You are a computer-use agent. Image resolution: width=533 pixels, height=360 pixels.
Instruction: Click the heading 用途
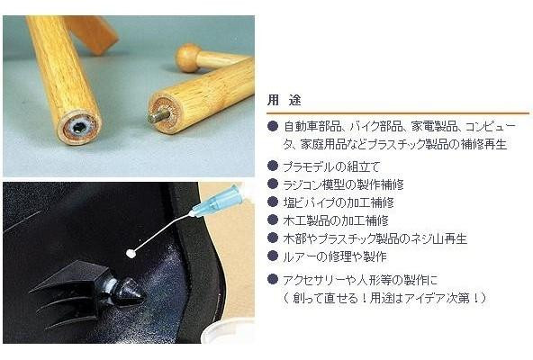(x=284, y=100)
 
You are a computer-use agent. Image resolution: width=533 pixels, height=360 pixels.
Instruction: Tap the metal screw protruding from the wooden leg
(x=157, y=116)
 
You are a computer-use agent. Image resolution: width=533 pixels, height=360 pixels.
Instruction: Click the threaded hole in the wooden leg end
(x=79, y=127)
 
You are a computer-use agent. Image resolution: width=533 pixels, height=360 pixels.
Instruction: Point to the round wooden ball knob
(x=187, y=58)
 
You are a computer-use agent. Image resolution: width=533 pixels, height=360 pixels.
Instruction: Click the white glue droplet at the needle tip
(x=130, y=253)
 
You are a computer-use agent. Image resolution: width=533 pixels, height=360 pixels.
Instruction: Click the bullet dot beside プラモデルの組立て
(x=273, y=166)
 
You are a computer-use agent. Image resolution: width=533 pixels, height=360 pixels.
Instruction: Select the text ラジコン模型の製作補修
(x=343, y=184)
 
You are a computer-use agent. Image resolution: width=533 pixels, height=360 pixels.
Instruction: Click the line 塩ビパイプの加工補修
(x=339, y=202)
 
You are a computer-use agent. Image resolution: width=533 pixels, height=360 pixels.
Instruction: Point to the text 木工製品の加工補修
(x=336, y=220)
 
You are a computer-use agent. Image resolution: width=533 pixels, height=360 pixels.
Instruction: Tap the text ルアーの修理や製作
(x=335, y=256)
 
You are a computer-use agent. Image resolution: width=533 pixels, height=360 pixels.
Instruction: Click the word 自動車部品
(x=312, y=127)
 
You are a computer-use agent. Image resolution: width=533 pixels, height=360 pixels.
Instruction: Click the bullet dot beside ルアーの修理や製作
(x=273, y=256)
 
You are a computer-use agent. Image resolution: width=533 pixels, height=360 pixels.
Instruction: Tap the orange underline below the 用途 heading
(x=398, y=112)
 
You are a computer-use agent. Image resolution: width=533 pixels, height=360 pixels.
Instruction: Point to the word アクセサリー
(x=312, y=281)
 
